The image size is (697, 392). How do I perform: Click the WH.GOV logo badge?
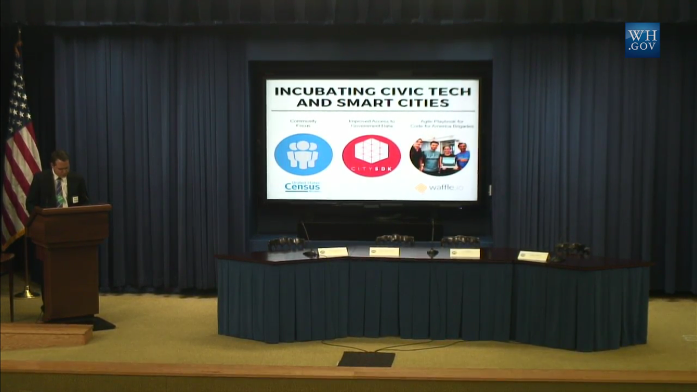tap(642, 40)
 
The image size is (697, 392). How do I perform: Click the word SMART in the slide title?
tap(369, 102)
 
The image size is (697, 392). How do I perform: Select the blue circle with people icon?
tap(303, 154)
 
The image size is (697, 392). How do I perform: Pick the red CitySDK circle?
tap(371, 156)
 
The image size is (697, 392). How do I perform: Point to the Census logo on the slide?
tap(303, 187)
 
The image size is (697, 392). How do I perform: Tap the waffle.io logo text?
tap(440, 188)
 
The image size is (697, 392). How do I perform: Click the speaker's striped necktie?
tap(60, 192)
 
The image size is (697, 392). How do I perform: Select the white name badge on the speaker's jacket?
tap(75, 199)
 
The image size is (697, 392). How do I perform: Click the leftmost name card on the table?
tap(333, 252)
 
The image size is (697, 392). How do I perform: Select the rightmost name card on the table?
tap(533, 256)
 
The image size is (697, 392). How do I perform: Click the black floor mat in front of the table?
tap(366, 359)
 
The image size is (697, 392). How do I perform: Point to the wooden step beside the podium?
tap(46, 335)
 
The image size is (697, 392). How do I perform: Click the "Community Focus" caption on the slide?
tap(303, 123)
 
